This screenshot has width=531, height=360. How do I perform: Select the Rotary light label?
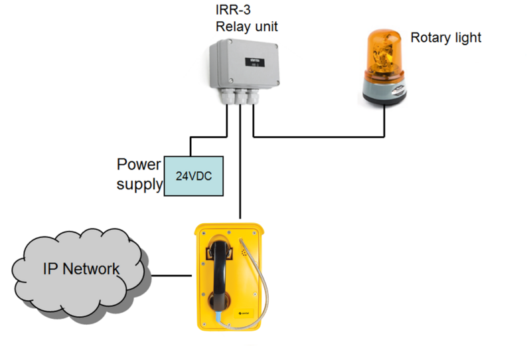tap(445, 37)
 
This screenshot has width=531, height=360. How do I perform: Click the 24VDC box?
tap(192, 176)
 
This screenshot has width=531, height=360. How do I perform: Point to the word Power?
tap(139, 164)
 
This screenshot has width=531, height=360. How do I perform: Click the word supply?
tap(139, 184)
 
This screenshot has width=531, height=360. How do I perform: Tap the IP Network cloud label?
tap(81, 269)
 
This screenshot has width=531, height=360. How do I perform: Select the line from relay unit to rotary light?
tap(319, 137)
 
